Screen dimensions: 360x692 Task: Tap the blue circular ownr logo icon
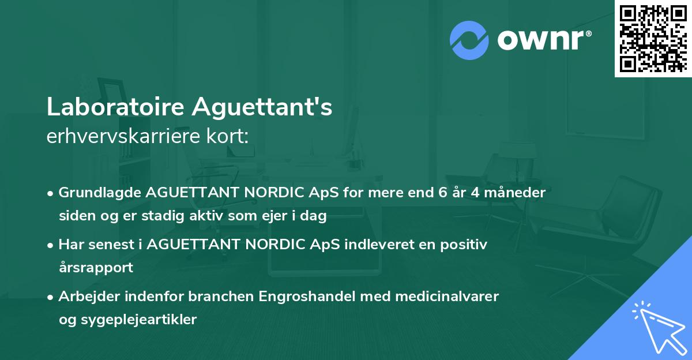coord(469,39)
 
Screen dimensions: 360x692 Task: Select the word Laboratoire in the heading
coord(115,107)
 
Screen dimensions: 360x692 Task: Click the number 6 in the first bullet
coord(441,193)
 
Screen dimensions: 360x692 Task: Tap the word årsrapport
coord(96,268)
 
